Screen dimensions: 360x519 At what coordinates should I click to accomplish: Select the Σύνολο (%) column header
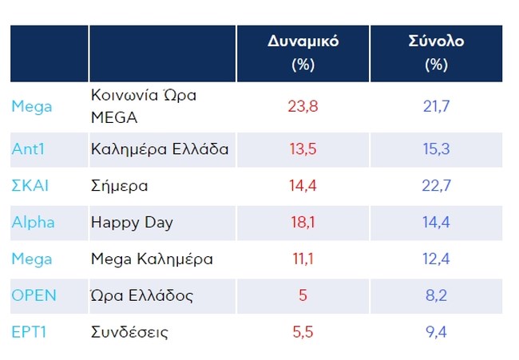(x=436, y=53)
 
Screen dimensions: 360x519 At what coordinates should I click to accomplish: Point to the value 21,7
(x=436, y=106)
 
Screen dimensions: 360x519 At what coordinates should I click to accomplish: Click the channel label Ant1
(x=29, y=148)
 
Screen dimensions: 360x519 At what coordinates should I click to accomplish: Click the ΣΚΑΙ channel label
(x=30, y=185)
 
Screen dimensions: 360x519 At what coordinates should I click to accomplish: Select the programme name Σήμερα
(x=120, y=186)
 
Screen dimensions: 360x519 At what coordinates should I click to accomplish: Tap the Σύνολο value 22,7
(x=436, y=185)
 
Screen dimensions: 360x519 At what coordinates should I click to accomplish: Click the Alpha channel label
(x=33, y=222)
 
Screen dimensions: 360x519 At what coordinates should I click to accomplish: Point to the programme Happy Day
(x=131, y=223)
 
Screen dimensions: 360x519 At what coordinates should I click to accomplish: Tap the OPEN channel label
(x=34, y=295)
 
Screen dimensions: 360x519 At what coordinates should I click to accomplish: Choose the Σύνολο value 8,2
(x=436, y=295)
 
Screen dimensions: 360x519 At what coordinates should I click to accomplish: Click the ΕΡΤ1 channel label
(x=30, y=332)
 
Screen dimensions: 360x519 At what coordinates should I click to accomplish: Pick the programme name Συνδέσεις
(x=130, y=332)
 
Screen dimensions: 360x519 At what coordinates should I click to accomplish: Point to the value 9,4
(x=436, y=332)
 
